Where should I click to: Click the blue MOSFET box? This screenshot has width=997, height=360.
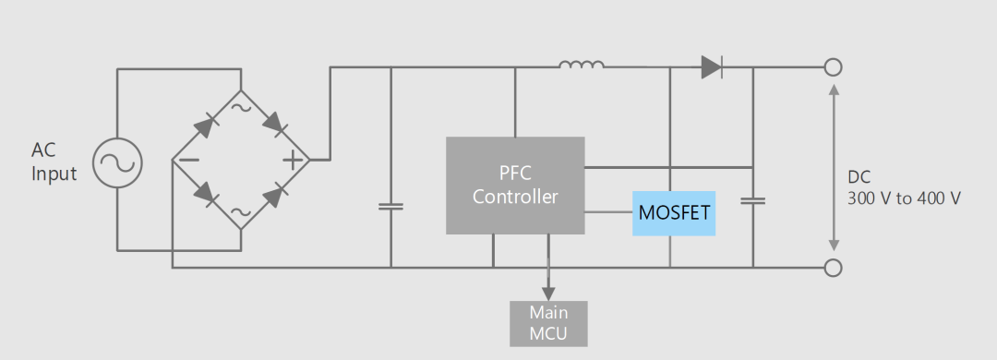673,213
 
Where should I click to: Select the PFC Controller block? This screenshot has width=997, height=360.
515,186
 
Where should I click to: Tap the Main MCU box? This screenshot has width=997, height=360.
548,324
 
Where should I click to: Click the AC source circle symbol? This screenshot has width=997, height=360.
117,163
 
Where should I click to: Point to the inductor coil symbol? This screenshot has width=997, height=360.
582,64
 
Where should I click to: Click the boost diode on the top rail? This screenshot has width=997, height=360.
712,66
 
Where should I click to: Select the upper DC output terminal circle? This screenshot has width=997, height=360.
833,66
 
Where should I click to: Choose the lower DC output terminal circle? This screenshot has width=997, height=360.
833,268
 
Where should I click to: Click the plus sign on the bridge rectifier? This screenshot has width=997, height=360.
293,160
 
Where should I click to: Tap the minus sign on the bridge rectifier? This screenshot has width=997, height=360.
189,160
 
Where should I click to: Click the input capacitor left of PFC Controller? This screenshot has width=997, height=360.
390,206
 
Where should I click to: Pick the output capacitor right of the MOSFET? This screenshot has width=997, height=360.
753,200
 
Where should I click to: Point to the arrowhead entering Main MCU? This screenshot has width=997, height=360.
548,294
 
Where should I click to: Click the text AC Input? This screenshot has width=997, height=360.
54,162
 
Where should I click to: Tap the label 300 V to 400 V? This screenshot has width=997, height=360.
904,198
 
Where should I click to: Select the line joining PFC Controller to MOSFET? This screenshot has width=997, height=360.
608,212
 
